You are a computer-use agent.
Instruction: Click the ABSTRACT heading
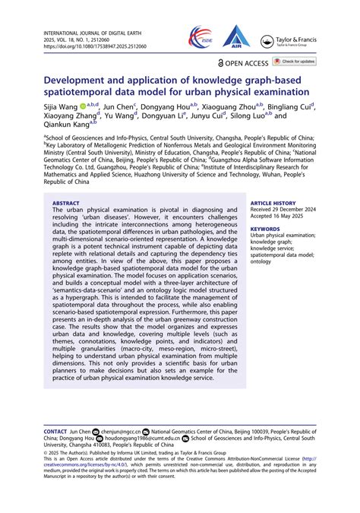(66, 204)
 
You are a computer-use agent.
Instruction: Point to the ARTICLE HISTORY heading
(274, 204)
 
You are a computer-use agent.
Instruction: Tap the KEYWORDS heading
(264, 228)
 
